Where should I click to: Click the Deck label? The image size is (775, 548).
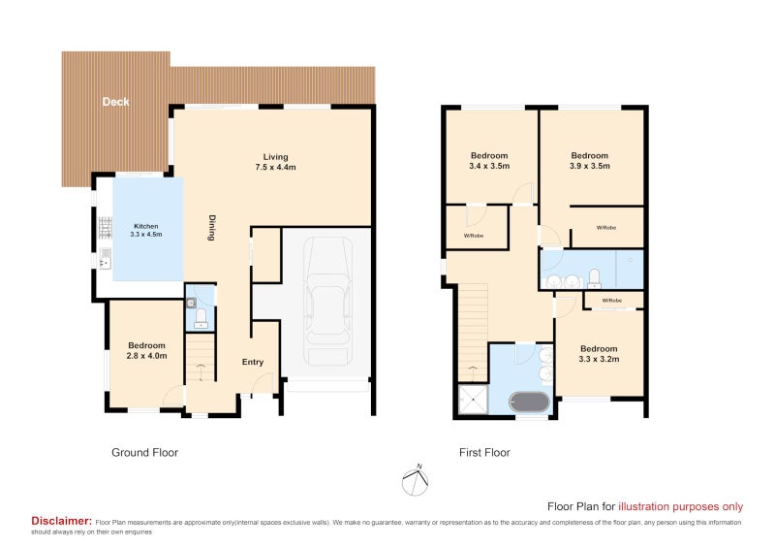[x=115, y=102]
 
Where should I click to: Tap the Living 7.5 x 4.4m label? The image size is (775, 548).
[x=276, y=162]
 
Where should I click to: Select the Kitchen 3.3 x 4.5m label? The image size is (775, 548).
[x=147, y=231]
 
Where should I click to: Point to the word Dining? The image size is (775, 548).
[x=210, y=227]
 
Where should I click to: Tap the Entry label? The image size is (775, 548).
[x=253, y=362]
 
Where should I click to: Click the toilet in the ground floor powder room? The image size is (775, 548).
[x=201, y=317]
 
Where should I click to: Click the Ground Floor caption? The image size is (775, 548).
[x=144, y=452]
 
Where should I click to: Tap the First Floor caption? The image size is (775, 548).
[x=484, y=452]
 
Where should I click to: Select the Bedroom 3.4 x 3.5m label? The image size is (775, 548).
[x=489, y=161]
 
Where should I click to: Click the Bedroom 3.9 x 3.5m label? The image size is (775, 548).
[x=589, y=161]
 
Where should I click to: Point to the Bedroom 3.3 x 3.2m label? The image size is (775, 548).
[x=599, y=354]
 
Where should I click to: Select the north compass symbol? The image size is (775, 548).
[x=416, y=478]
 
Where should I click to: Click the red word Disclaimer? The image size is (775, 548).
[x=62, y=521]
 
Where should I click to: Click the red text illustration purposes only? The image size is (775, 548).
[x=681, y=505]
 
